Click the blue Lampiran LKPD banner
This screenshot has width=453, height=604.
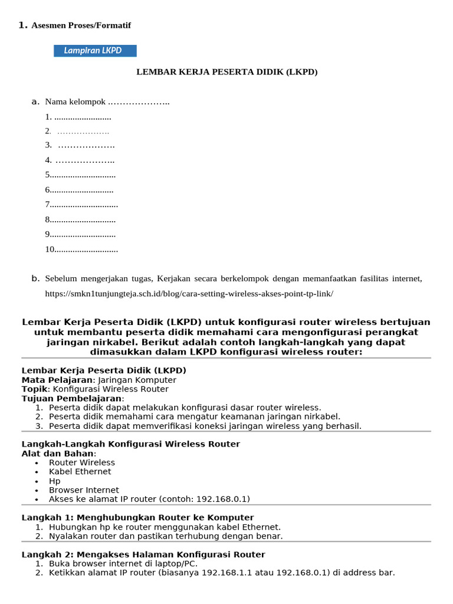coord(95,51)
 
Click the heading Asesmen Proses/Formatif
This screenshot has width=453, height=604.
coord(81,25)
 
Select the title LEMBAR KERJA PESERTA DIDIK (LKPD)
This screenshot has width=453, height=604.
coord(227,72)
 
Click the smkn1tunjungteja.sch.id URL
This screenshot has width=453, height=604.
coord(189,293)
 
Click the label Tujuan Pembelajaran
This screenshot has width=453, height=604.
coord(72,398)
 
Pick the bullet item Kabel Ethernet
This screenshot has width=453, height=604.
coord(80,472)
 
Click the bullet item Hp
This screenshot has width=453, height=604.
coord(55,481)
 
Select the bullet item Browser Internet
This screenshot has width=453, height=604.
coord(84,490)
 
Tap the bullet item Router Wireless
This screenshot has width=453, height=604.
coord(82,462)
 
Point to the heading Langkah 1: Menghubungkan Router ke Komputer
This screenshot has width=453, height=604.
coord(137,518)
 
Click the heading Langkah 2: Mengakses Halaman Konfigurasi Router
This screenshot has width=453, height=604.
coord(143,554)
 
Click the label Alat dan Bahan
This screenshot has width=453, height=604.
coord(57,454)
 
